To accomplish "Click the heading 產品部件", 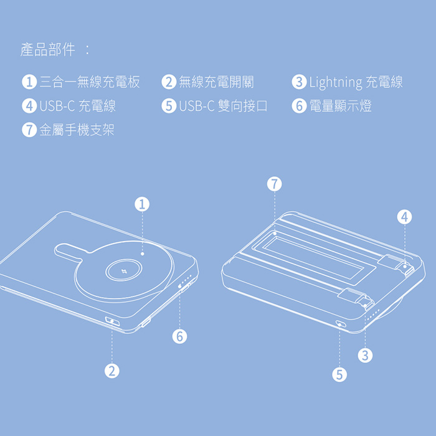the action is [x=47, y=50].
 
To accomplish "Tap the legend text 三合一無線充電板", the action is [x=90, y=82].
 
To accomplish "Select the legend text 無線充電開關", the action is [x=216, y=82].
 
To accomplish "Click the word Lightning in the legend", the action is [x=336, y=83].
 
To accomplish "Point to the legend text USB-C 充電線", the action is [x=78, y=106].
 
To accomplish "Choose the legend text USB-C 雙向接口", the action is [x=223, y=106].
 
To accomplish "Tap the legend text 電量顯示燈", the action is [x=340, y=106].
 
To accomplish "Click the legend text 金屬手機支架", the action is [x=77, y=130].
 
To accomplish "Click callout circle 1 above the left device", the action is [x=142, y=204].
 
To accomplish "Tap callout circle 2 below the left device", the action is [x=111, y=371].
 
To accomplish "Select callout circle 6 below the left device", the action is [x=179, y=336].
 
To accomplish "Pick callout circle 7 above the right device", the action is [x=275, y=184].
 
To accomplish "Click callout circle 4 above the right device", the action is [x=405, y=217].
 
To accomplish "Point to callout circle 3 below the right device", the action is [x=365, y=356].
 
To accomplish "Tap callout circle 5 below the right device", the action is [x=339, y=374].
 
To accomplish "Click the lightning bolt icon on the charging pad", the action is [x=123, y=271].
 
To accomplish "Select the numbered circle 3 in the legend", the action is [x=299, y=82].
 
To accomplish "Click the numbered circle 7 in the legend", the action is [x=29, y=130].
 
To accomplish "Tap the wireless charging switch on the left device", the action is [x=112, y=322].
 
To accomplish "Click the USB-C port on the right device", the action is [x=341, y=325].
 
